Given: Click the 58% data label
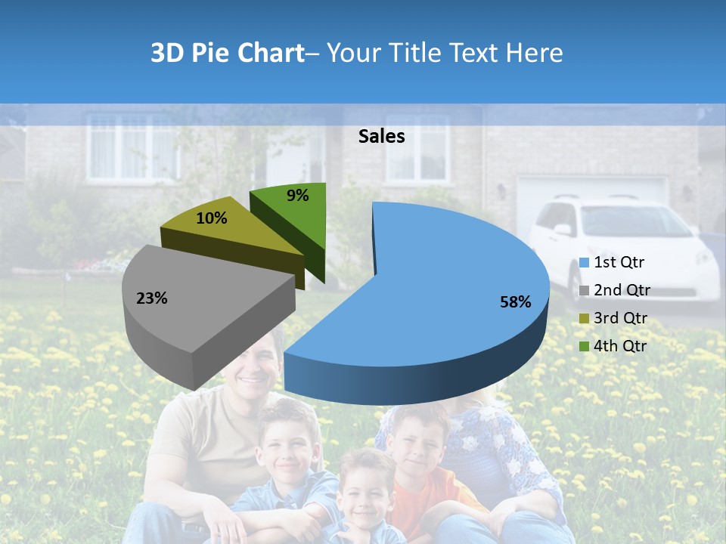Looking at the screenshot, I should click(x=515, y=302).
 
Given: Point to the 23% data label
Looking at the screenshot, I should click(x=151, y=298).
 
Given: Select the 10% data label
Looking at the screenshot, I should click(x=212, y=218).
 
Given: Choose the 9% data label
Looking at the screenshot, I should click(x=298, y=196).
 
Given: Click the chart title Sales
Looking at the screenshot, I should click(x=381, y=136).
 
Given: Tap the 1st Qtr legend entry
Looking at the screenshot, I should click(x=619, y=263).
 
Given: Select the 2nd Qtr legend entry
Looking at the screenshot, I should click(x=621, y=290).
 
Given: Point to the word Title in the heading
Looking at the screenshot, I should click(x=415, y=53).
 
